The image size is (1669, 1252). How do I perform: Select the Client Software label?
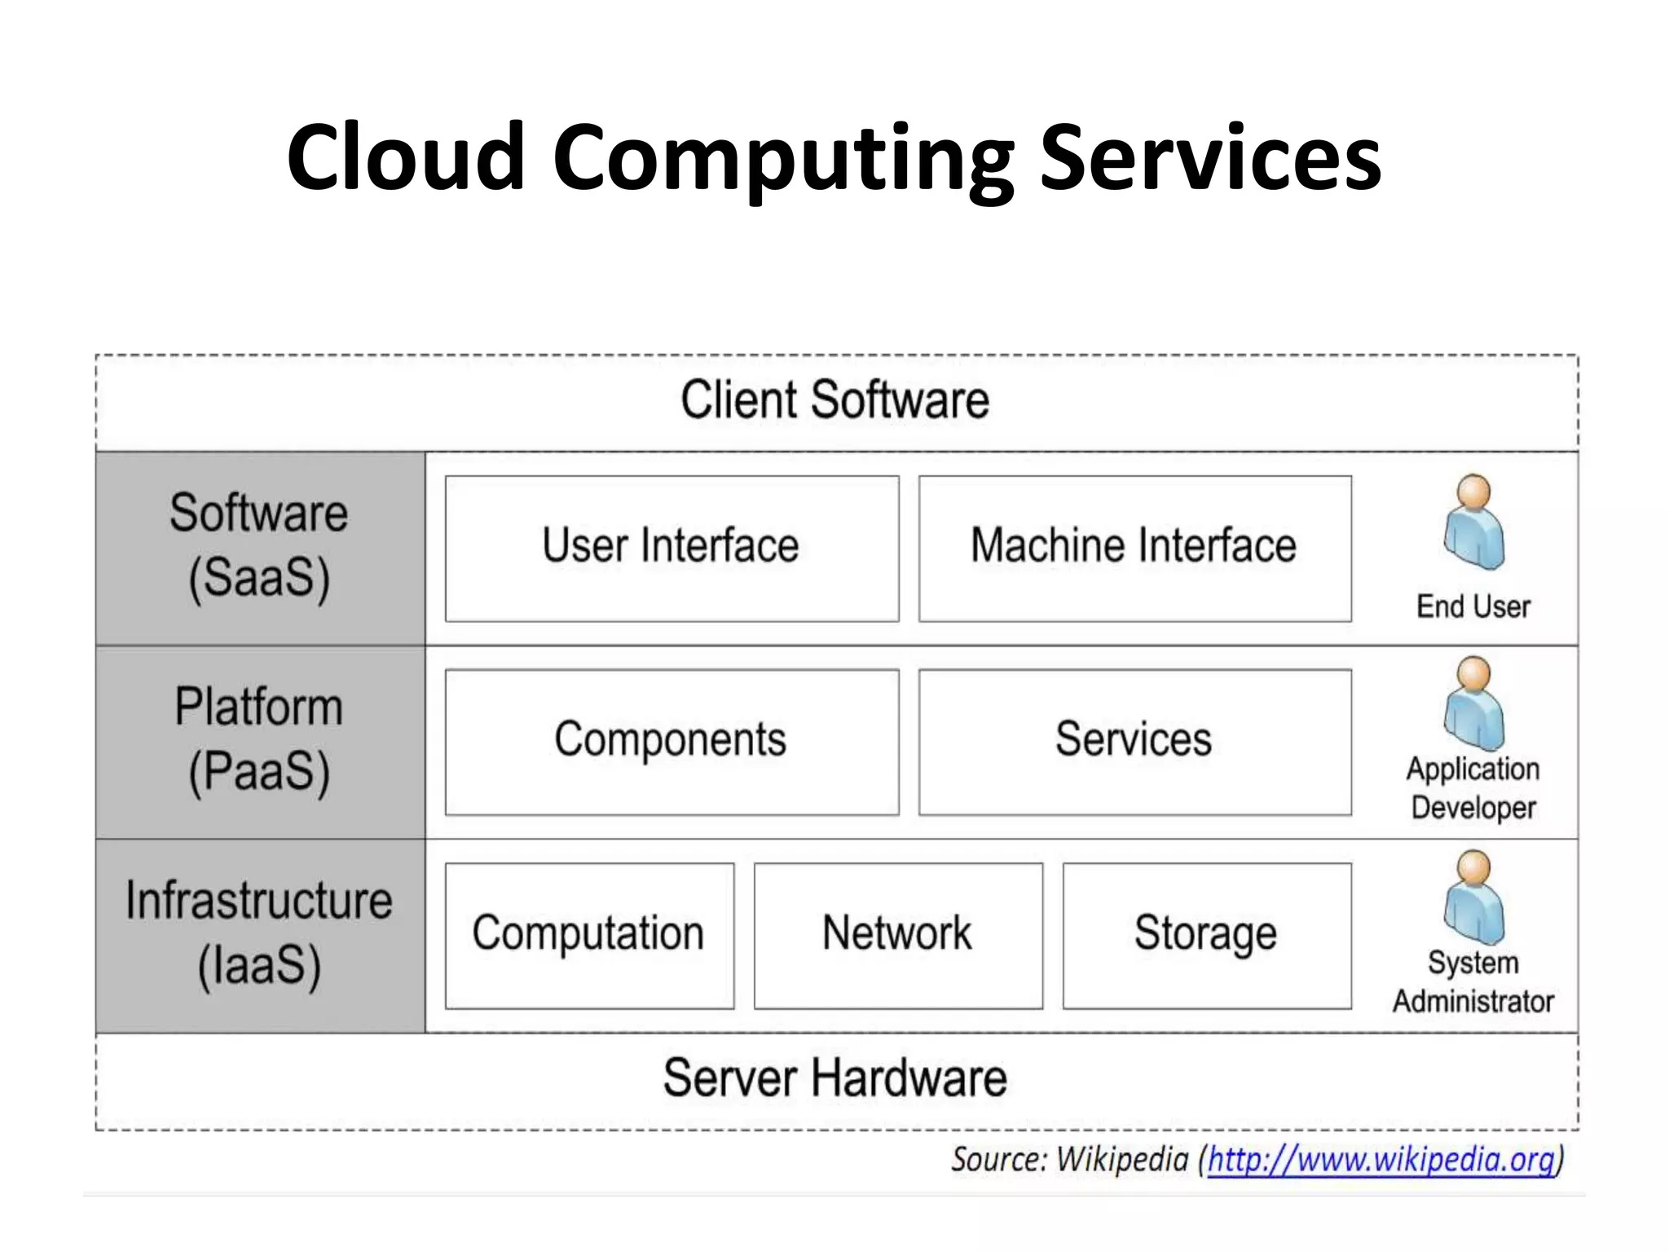tap(834, 400)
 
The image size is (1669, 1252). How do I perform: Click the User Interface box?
tap(672, 548)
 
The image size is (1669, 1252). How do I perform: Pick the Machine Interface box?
tap(1134, 548)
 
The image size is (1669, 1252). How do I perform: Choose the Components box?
tap(672, 741)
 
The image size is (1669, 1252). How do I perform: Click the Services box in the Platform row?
tap(1134, 741)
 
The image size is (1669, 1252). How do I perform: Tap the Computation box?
tap(588, 935)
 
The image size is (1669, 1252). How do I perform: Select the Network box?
tap(897, 935)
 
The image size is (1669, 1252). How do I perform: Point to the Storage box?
tap(1206, 935)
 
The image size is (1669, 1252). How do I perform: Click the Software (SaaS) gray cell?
tap(259, 548)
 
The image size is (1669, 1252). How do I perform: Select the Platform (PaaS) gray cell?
tap(259, 741)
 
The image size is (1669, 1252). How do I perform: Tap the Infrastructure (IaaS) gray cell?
tap(259, 935)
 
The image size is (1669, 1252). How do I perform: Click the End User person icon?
tap(1473, 522)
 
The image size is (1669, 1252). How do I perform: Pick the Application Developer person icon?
tap(1473, 704)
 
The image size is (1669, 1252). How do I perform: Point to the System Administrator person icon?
tap(1473, 898)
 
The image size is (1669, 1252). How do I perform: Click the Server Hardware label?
tap(834, 1079)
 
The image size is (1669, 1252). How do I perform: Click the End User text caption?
tap(1473, 607)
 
